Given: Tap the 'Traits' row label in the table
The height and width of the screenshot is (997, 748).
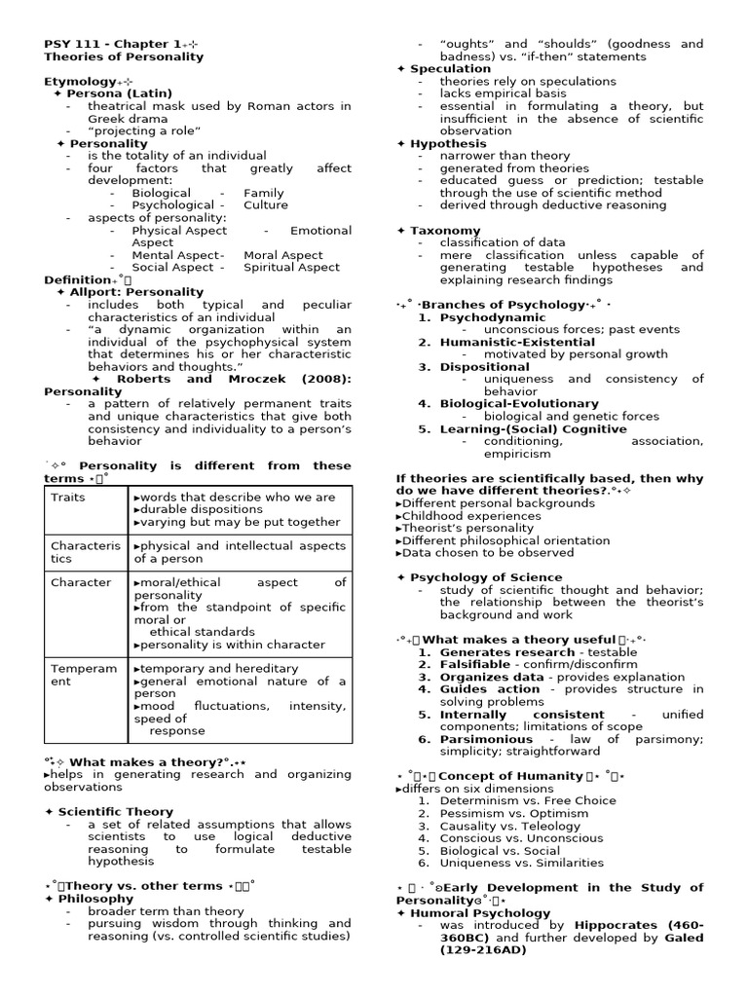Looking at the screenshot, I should pos(68,497).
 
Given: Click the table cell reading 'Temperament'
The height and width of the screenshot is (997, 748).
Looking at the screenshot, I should pos(84,675).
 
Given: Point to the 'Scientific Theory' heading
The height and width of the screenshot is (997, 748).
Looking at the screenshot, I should pos(115,811).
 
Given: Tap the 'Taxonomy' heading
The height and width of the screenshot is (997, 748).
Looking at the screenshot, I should pos(445,231).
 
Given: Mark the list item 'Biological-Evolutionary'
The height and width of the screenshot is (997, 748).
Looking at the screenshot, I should pos(519,403).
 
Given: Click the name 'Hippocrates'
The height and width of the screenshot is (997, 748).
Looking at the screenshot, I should pos(617,925).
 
